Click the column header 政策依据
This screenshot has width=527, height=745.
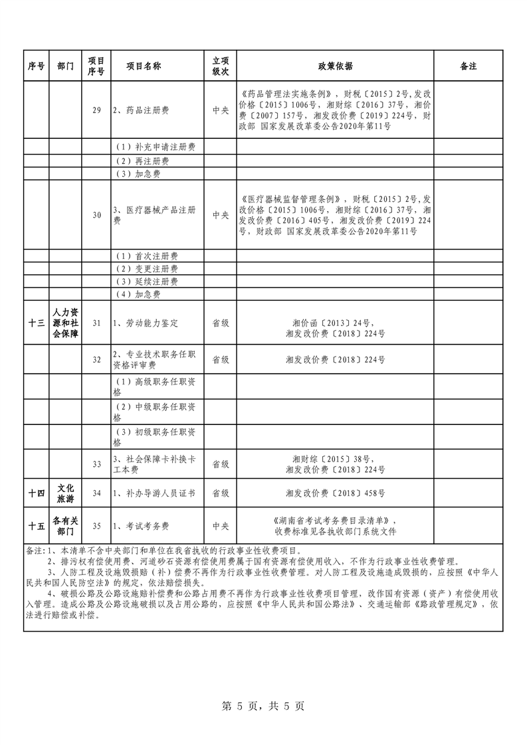tap(335, 66)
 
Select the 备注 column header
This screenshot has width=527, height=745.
tap(468, 66)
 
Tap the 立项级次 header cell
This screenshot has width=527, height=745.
tap(220, 66)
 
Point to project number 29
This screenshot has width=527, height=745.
tap(96, 110)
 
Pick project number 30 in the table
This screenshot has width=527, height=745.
tap(96, 214)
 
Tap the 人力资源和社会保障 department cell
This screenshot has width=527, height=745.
tap(66, 322)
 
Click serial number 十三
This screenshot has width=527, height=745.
tap(37, 322)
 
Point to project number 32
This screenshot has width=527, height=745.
tap(96, 359)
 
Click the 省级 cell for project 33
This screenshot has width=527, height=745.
tap(220, 463)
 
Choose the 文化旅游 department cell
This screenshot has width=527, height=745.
tap(66, 493)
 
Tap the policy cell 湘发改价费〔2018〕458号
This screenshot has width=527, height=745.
tap(335, 493)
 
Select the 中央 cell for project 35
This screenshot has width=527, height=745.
tap(220, 526)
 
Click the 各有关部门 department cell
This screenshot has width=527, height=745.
tap(66, 526)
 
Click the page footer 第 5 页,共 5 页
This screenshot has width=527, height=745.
tap(263, 706)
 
